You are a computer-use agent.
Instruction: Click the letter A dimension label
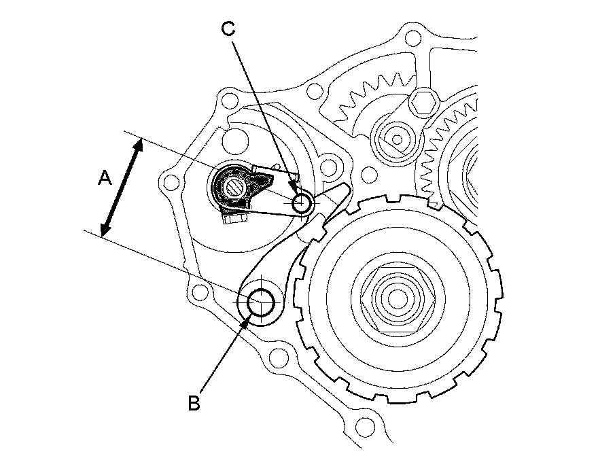coord(105,178)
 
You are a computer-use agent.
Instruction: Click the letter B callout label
coord(194,403)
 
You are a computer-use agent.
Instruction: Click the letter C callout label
coord(228,29)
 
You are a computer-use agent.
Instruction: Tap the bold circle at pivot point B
coord(261,302)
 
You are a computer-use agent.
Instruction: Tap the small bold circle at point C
coord(301,203)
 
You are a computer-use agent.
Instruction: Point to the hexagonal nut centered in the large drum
coord(398,298)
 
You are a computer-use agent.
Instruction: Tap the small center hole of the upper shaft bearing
coord(397,139)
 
